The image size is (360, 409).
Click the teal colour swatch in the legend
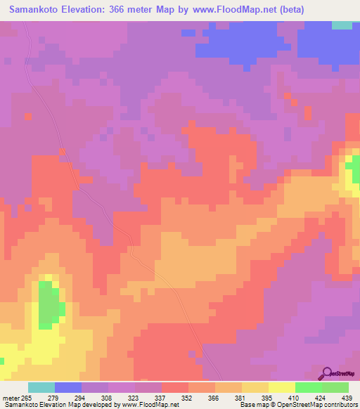[41, 388]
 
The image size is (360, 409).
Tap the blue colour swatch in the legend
[68, 388]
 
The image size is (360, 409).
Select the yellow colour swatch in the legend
[282, 388]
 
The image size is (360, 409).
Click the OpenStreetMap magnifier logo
[328, 372]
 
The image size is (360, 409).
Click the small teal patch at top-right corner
[342, 25]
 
